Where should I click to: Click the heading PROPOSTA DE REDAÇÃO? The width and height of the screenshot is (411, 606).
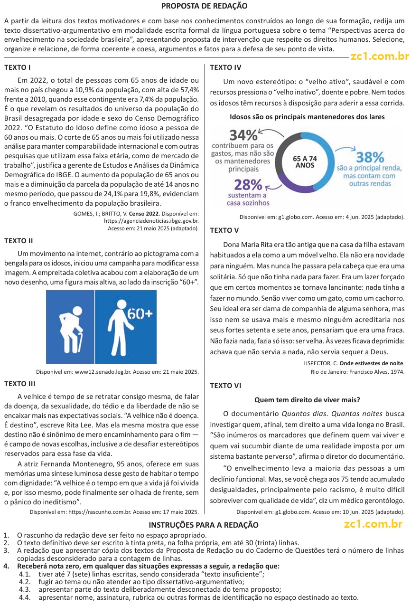pyautogui.click(x=204, y=6)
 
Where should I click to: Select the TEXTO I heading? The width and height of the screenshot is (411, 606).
pyautogui.click(x=18, y=67)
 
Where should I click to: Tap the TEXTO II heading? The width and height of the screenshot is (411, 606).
pyautogui.click(x=19, y=241)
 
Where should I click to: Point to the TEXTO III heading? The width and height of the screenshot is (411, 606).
pyautogui.click(x=19, y=384)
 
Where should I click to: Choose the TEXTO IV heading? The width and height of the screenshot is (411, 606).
pyautogui.click(x=225, y=67)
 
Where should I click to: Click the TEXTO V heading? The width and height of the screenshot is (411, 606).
pyautogui.click(x=224, y=230)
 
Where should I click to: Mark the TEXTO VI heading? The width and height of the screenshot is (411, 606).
pyautogui.click(x=225, y=386)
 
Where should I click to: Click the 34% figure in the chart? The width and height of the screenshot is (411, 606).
pyautogui.click(x=243, y=135)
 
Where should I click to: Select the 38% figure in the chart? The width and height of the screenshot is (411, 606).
pyautogui.click(x=370, y=157)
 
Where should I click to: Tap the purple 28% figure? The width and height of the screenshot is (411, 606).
pyautogui.click(x=248, y=185)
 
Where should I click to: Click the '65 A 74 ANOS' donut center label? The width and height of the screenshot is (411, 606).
pyautogui.click(x=305, y=162)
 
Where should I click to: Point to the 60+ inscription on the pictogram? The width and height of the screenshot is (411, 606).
pyautogui.click(x=140, y=313)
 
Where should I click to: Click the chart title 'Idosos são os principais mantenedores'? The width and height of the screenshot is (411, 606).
pyautogui.click(x=307, y=116)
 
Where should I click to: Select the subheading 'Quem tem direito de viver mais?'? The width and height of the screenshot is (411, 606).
pyautogui.click(x=307, y=400)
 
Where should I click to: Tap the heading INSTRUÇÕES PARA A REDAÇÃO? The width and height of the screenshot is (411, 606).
pyautogui.click(x=204, y=525)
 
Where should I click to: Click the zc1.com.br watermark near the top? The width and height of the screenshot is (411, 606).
pyautogui.click(x=380, y=57)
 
